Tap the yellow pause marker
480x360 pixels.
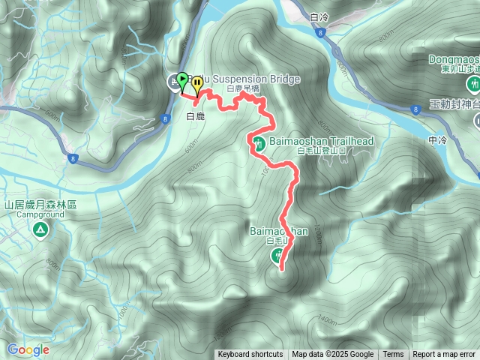point(196,83)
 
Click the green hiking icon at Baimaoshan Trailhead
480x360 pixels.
point(257,142)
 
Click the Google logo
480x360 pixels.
point(28,349)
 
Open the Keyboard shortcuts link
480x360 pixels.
point(250,355)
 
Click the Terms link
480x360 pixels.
point(393,355)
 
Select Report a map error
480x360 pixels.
point(444,355)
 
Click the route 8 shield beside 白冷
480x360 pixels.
point(320,33)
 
